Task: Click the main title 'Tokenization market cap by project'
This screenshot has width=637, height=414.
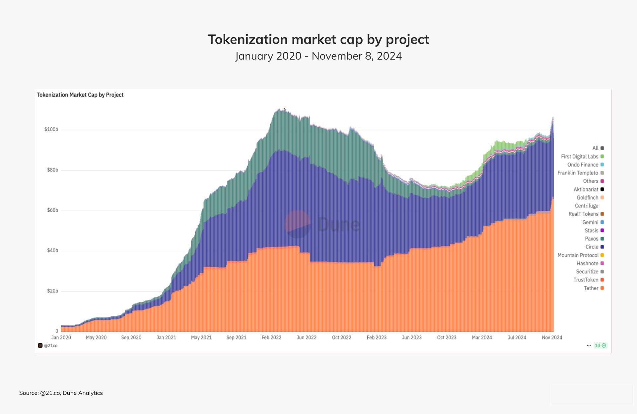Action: (x=318, y=39)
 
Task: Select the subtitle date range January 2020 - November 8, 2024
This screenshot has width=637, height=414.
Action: (x=318, y=56)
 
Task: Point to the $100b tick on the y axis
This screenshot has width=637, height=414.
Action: (x=51, y=129)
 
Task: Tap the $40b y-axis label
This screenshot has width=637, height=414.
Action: (x=52, y=250)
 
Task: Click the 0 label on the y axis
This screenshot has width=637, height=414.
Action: (x=57, y=331)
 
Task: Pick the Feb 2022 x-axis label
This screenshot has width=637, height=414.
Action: (x=271, y=337)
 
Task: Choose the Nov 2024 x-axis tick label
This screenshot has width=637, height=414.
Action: (x=552, y=337)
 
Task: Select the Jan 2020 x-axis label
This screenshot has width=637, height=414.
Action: (x=61, y=337)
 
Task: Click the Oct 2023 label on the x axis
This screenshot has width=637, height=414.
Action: (x=447, y=337)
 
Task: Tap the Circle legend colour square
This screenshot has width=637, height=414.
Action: (x=602, y=247)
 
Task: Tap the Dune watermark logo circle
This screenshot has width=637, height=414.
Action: (x=298, y=224)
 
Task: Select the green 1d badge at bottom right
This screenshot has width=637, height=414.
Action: (x=600, y=346)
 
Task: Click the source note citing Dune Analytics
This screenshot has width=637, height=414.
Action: (x=61, y=393)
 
